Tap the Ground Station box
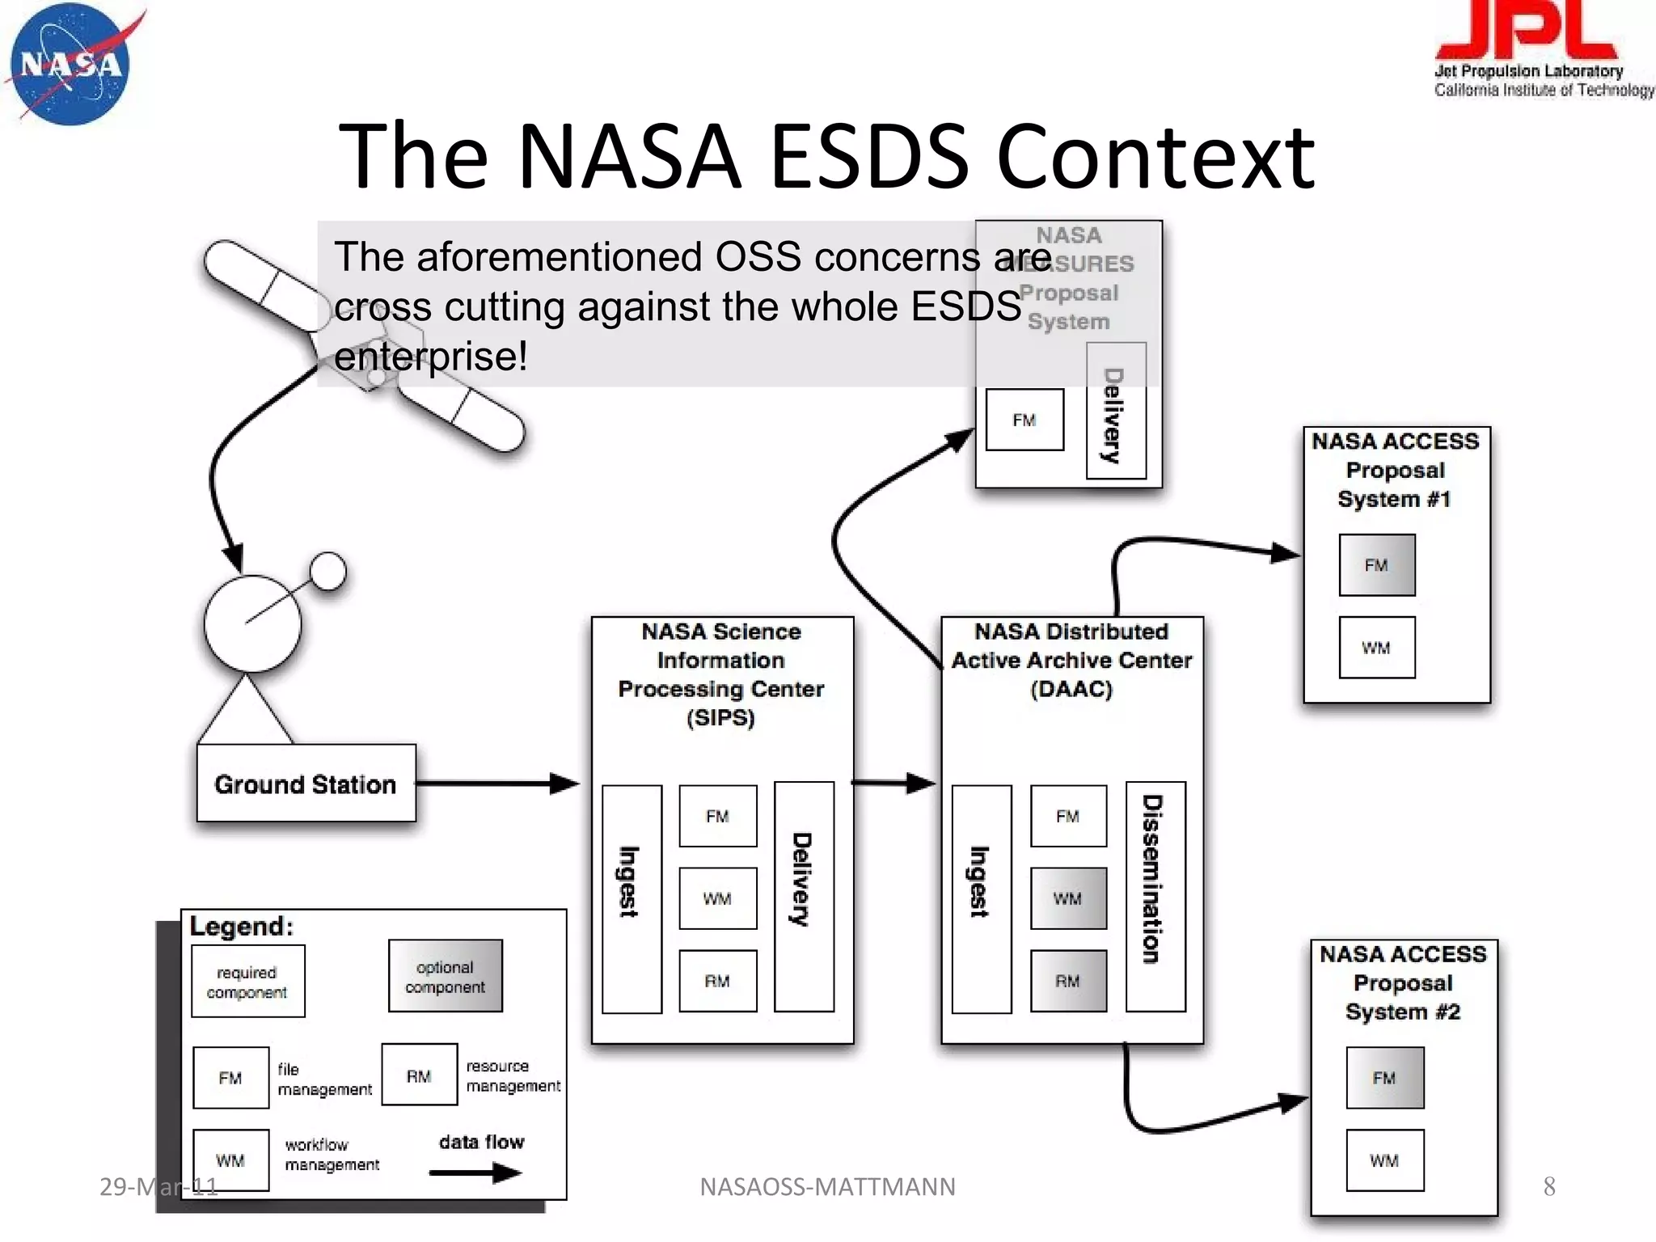coord(306,784)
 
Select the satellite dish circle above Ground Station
coord(252,623)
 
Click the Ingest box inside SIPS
coord(632,898)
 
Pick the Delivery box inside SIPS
coord(804,896)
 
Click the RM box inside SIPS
coord(717,981)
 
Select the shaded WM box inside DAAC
coord(1068,898)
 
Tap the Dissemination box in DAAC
coord(1155,896)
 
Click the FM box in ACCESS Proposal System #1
coord(1376,565)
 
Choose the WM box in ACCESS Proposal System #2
coord(1384,1160)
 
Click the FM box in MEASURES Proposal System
coord(1024,420)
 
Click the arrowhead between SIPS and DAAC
coord(920,782)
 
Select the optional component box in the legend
coord(445,976)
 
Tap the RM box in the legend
coord(419,1075)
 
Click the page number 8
coord(1548,1186)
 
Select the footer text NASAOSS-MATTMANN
coord(827,1186)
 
